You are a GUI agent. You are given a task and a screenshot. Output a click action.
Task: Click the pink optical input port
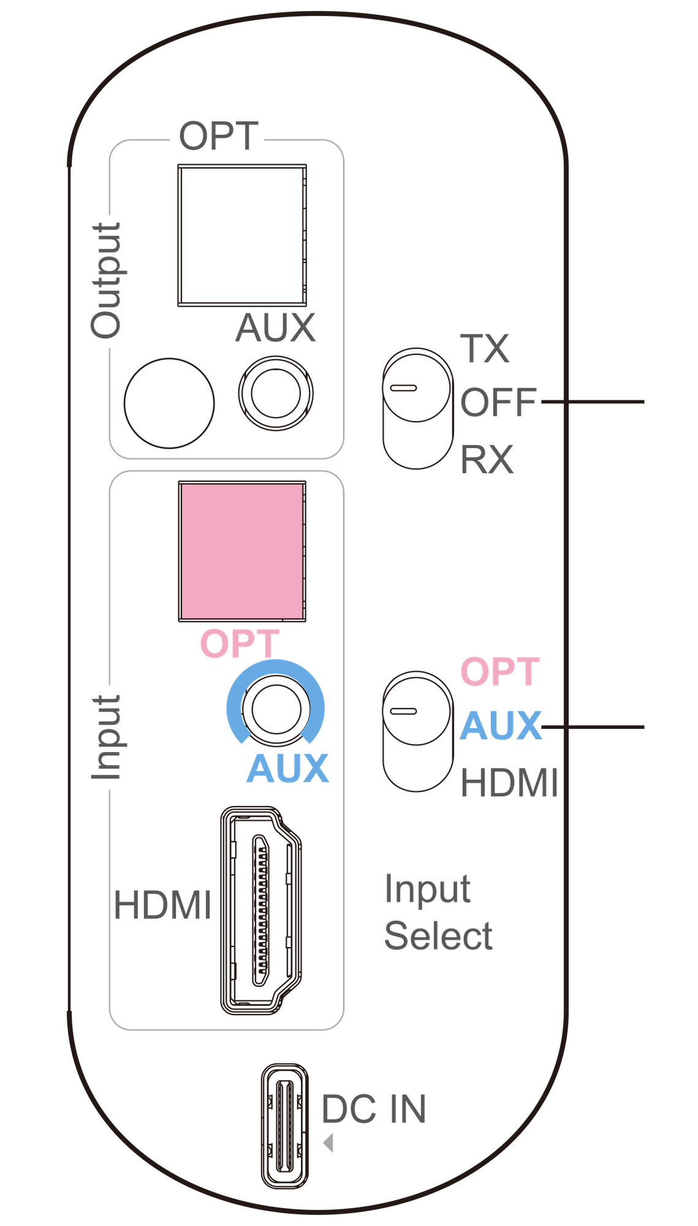tap(242, 551)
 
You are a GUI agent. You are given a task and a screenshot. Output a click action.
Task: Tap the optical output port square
tap(242, 235)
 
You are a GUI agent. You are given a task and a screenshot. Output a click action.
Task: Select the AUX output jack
tap(276, 394)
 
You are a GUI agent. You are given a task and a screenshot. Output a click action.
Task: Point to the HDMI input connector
tap(261, 910)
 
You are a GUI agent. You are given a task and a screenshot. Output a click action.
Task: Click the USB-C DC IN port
tap(285, 1126)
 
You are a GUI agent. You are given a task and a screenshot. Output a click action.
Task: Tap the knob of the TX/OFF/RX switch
tap(417, 386)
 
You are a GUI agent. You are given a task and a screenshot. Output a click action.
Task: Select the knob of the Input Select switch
tap(417, 709)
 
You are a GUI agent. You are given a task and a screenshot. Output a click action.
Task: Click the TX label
tap(485, 349)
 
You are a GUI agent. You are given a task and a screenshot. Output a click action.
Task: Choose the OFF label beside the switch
tap(499, 402)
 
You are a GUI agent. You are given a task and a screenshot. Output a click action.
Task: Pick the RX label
tap(487, 459)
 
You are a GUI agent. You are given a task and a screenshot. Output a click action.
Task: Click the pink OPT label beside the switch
tap(500, 671)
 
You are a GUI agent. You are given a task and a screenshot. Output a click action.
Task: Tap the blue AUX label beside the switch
tap(501, 726)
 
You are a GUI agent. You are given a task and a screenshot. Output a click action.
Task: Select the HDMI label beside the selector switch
tap(510, 783)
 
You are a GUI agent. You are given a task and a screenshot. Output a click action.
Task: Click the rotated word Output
tap(107, 281)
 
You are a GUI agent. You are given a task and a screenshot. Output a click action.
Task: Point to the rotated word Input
tap(107, 737)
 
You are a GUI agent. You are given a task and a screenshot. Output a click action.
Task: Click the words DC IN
tap(374, 1109)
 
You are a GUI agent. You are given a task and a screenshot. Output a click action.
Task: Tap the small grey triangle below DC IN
tap(328, 1143)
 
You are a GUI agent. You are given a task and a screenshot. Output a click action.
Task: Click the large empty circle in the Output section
tap(169, 403)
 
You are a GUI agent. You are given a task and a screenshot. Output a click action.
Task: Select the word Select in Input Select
tap(438, 936)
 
